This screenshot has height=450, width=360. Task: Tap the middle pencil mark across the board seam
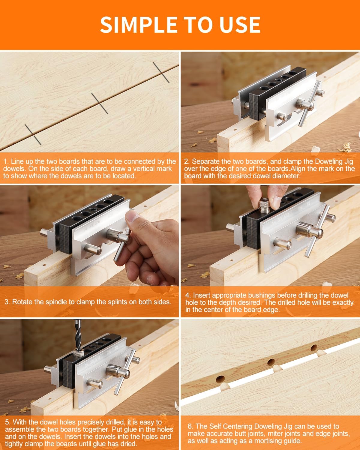pos(100,103)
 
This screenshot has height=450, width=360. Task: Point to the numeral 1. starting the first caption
pos(6,161)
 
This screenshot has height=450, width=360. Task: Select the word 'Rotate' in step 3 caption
pos(23,302)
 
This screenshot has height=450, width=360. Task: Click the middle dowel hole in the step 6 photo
pos(271,362)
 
